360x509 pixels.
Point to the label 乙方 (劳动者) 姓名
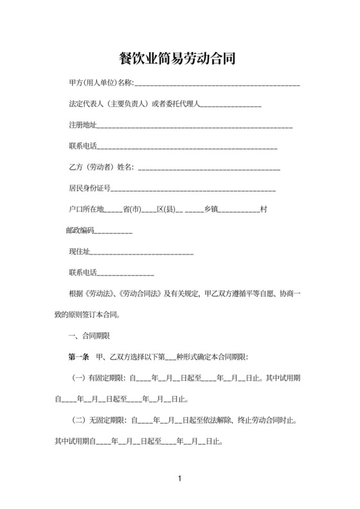click(101, 168)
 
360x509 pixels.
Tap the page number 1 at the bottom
click(180, 479)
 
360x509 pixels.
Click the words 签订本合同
click(105, 315)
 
